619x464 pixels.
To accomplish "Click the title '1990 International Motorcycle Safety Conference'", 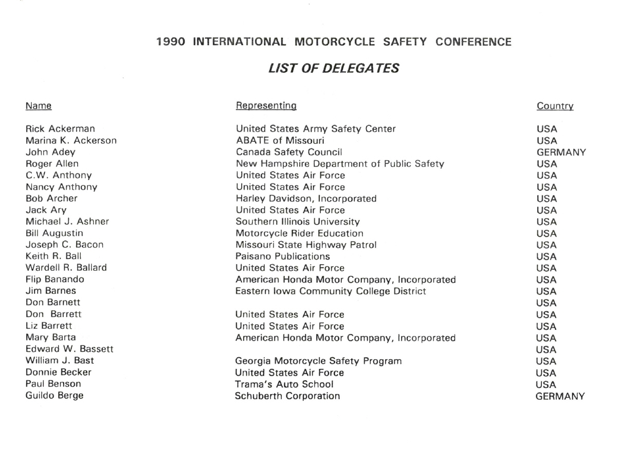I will pos(334,42).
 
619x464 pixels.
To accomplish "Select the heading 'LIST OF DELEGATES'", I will pos(334,68).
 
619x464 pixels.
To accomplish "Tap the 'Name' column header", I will pos(39,106).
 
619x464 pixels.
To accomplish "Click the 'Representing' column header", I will pos(266,106).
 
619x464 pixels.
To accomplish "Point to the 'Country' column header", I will pos(555,106).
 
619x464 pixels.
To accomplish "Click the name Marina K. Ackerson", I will pos(71,140).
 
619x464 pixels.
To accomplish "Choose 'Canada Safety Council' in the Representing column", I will pos(289,152).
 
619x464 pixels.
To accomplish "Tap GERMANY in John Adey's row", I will pos(561,153).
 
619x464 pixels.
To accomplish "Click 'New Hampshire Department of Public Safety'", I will pos(339,164).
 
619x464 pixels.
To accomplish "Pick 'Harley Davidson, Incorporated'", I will pos(306,198).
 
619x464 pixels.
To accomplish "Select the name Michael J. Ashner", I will pos(67,222).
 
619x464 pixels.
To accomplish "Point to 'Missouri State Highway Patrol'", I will pos(306,245).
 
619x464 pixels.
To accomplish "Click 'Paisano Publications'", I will pos(283,256).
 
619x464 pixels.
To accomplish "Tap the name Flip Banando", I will pos(55,280).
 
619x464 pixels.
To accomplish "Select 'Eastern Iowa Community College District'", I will pos(331,291).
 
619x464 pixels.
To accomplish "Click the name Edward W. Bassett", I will pos(69,349).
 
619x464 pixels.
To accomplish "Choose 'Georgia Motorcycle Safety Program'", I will pos(318,361).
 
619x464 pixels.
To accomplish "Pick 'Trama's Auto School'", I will pos(284,384).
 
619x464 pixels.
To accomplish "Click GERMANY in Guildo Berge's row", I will pos(560,396).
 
